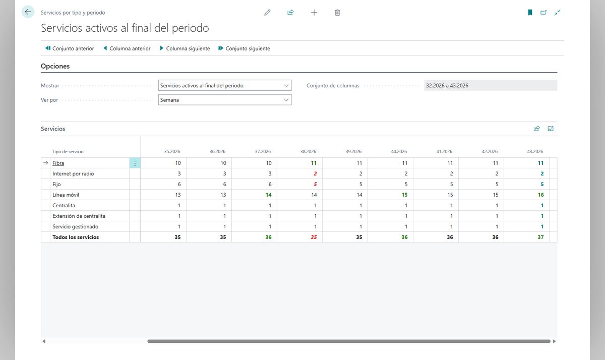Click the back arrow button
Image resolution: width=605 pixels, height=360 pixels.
pos(28,12)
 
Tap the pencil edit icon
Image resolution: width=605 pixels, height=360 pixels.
pos(267,13)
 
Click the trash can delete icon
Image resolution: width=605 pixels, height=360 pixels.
pos(337,13)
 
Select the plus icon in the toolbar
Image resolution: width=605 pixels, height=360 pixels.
pos(314,13)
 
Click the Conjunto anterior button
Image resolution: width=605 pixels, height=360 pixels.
pos(70,48)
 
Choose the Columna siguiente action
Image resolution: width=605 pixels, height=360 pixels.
pos(185,48)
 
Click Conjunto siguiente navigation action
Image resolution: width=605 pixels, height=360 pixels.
pos(244,48)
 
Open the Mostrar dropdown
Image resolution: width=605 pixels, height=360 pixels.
pos(225,85)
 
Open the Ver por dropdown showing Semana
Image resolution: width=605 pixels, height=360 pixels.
pos(225,100)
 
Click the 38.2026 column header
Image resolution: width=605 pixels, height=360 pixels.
pos(308,151)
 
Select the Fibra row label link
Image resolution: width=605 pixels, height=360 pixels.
pos(58,163)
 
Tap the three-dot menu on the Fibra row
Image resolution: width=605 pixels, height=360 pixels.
pos(135,163)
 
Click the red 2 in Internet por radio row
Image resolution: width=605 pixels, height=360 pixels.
pos(315,173)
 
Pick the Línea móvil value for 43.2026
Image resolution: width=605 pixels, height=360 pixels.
pos(540,195)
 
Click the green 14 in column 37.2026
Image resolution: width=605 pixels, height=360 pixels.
pos(268,195)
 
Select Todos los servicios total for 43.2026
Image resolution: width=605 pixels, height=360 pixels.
pos(540,237)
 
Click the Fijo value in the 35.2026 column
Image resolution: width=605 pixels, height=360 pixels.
pos(179,184)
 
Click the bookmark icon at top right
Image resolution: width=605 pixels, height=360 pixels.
pos(530,13)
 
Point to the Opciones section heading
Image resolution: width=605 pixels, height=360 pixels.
pos(55,66)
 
